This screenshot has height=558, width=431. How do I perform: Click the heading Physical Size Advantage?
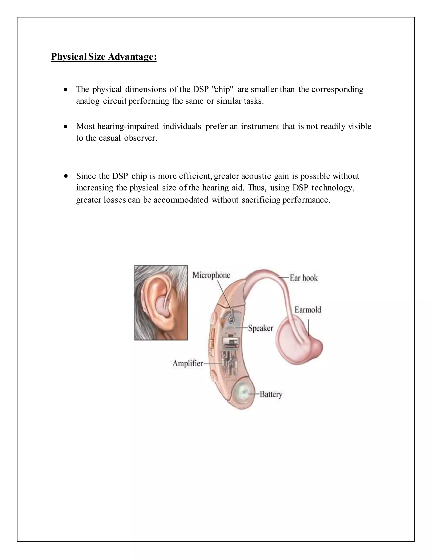click(x=104, y=56)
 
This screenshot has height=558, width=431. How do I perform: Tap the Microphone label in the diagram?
click(x=211, y=275)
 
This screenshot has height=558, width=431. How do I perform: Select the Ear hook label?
click(x=304, y=278)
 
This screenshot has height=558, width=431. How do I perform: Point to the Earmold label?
click(x=308, y=310)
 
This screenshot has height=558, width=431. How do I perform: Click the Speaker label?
click(x=261, y=328)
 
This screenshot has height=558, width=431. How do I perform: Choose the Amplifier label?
click(x=188, y=363)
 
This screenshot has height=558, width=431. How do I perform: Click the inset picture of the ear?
click(x=161, y=303)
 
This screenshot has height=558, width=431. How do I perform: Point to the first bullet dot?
click(x=66, y=90)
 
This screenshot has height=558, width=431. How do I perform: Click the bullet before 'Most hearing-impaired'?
click(x=66, y=127)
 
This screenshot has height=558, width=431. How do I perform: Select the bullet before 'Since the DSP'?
click(x=66, y=176)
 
